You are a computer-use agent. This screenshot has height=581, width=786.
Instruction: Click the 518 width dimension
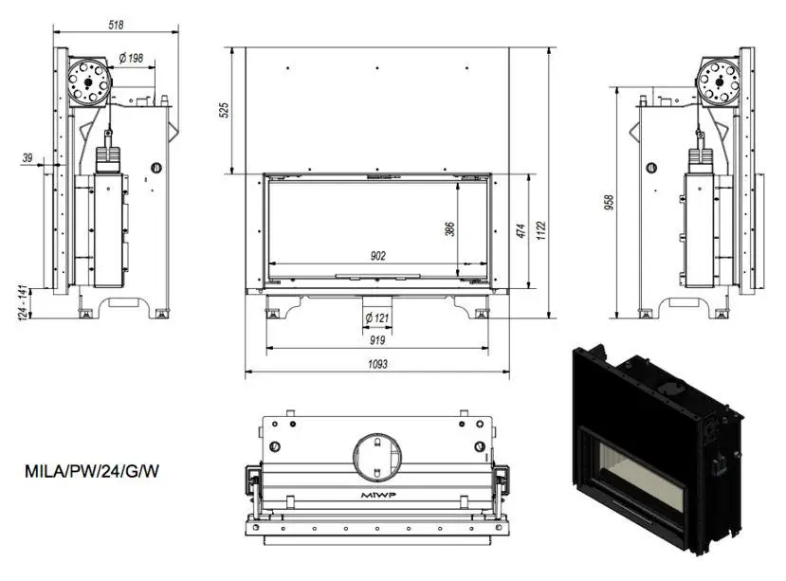click(x=116, y=25)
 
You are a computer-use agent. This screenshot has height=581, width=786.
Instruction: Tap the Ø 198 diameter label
click(x=132, y=58)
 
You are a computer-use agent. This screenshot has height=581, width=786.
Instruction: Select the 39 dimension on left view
click(x=27, y=158)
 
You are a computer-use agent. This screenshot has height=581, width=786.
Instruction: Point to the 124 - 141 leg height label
click(x=22, y=302)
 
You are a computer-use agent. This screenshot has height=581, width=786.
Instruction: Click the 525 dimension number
click(x=225, y=110)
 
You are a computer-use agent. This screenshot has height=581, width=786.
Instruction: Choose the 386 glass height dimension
click(x=449, y=229)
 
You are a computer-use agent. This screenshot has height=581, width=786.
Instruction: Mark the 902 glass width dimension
click(x=378, y=256)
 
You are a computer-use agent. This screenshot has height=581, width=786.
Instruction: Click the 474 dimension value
click(x=521, y=230)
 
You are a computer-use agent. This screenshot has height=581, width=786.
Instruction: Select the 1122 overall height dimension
click(x=540, y=230)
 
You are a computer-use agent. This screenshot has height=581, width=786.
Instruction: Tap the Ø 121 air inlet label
click(x=377, y=318)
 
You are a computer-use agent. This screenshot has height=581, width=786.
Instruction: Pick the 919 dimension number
click(x=377, y=340)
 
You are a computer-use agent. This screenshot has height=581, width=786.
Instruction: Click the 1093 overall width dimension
click(x=377, y=364)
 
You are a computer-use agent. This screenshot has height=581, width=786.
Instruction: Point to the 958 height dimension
click(x=609, y=202)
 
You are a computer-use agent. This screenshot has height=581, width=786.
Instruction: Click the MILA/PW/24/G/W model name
click(x=92, y=472)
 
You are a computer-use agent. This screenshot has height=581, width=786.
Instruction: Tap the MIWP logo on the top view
click(x=378, y=496)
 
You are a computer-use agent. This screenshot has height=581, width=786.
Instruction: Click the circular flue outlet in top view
click(x=377, y=456)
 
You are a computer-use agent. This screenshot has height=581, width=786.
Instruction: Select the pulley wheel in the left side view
click(x=88, y=82)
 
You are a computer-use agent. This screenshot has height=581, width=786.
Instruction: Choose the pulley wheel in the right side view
click(x=719, y=82)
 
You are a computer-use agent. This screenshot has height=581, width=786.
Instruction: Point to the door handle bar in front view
click(x=378, y=275)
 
